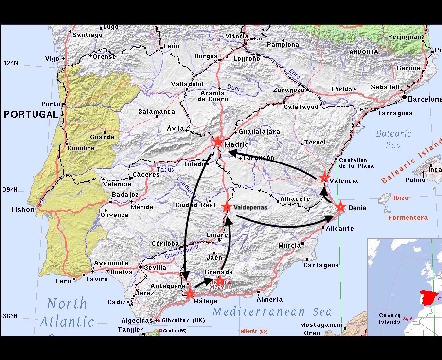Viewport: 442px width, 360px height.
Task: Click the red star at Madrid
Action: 217,142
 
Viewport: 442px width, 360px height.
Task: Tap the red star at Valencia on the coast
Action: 324,178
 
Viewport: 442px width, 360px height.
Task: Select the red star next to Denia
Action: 340,207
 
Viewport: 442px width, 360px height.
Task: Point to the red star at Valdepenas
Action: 227,207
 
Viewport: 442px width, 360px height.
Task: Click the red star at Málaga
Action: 190,293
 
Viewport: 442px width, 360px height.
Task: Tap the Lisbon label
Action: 23,210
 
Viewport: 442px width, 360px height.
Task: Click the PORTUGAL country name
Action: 31,114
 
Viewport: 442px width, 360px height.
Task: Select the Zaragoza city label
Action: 288,90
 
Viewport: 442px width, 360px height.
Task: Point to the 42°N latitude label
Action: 10,63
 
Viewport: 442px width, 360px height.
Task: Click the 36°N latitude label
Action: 10,316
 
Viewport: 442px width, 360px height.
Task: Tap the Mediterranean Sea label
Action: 272,312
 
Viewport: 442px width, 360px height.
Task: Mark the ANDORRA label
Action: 364,51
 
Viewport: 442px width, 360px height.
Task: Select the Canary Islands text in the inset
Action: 390,318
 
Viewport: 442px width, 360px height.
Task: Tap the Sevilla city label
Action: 156,267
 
